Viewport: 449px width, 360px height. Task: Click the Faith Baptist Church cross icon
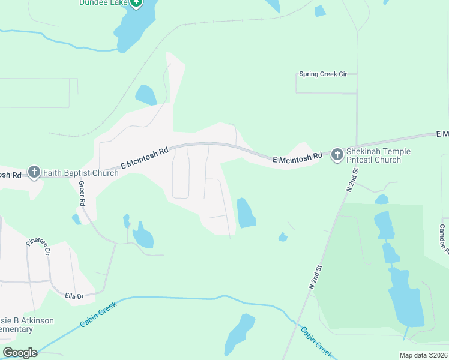click(x=34, y=173)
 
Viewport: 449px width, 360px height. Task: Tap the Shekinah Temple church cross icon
click(x=337, y=155)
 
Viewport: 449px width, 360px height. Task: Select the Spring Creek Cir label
click(x=323, y=74)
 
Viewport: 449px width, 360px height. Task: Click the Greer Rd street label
click(x=81, y=194)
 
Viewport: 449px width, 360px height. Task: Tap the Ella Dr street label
click(x=74, y=296)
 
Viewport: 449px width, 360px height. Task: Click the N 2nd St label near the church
click(x=352, y=179)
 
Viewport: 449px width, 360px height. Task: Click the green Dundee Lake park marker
click(x=137, y=2)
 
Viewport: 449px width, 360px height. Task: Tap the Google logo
click(x=20, y=352)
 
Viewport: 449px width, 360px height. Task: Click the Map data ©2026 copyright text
click(x=423, y=355)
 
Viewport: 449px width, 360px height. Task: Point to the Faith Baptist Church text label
click(x=80, y=173)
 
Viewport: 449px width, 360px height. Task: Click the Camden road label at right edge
click(x=443, y=237)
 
